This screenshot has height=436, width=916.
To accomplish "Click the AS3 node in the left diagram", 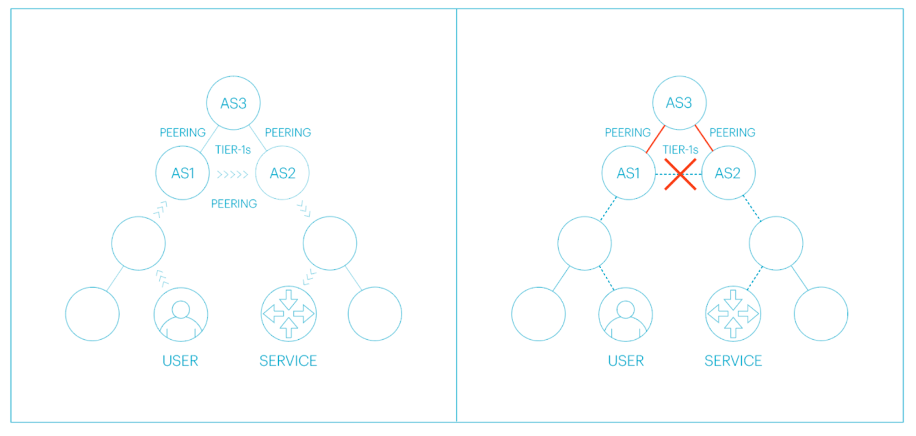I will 233,103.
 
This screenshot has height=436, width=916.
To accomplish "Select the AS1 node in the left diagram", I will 183,173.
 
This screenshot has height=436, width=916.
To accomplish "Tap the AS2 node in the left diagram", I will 282,173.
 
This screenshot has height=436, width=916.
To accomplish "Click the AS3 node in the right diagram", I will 679,103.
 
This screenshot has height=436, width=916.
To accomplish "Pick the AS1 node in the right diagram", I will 628,173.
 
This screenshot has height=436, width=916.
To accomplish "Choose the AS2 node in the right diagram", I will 728,173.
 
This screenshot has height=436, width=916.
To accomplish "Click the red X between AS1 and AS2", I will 680,174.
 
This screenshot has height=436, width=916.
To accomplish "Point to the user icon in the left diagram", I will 180,315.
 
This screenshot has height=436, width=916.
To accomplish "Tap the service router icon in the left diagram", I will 289,314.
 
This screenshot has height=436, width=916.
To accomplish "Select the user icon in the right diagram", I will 625,315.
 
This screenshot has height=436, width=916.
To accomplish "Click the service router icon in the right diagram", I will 733,314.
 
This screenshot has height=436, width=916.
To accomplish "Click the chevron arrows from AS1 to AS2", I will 232,174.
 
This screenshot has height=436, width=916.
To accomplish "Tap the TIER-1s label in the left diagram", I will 233,150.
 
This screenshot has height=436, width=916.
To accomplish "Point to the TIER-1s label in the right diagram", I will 680,150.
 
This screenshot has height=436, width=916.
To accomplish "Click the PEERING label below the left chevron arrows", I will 234,204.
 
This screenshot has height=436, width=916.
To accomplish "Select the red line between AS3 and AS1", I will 656,139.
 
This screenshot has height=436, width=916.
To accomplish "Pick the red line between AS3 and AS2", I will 704,138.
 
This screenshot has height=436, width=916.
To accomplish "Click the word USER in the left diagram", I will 180,361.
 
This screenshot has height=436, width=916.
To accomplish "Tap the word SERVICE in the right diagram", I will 733,361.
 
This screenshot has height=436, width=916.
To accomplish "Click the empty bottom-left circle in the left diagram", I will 92,314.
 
